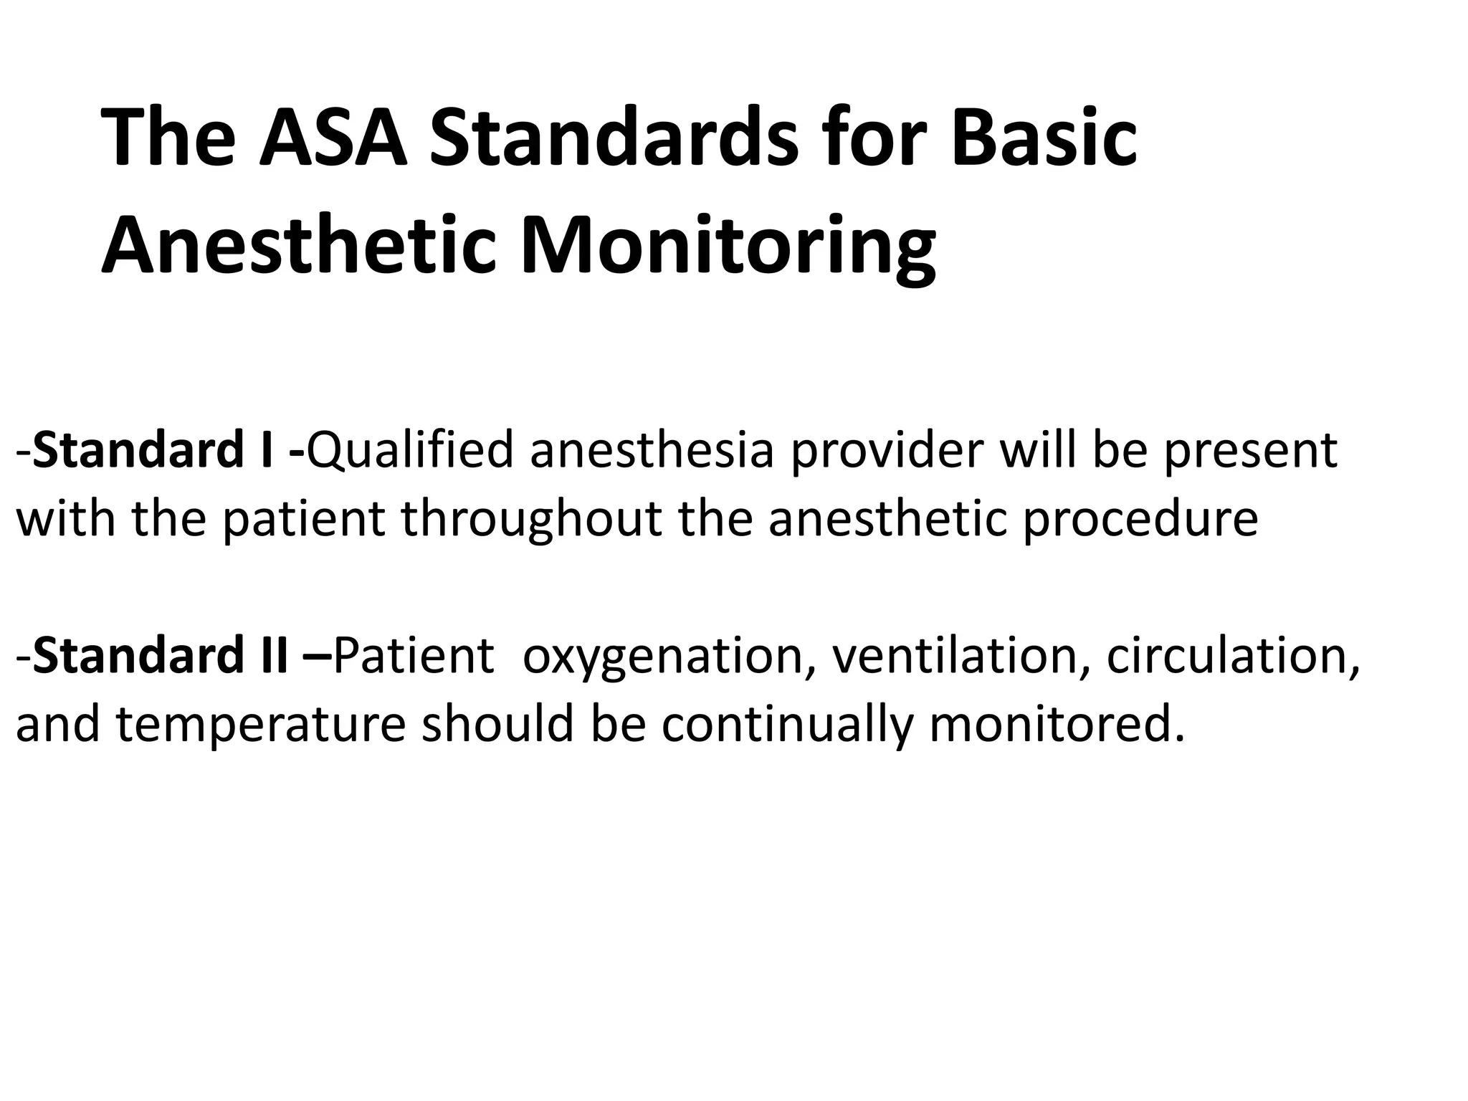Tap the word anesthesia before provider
(x=652, y=450)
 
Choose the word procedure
(x=1140, y=520)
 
